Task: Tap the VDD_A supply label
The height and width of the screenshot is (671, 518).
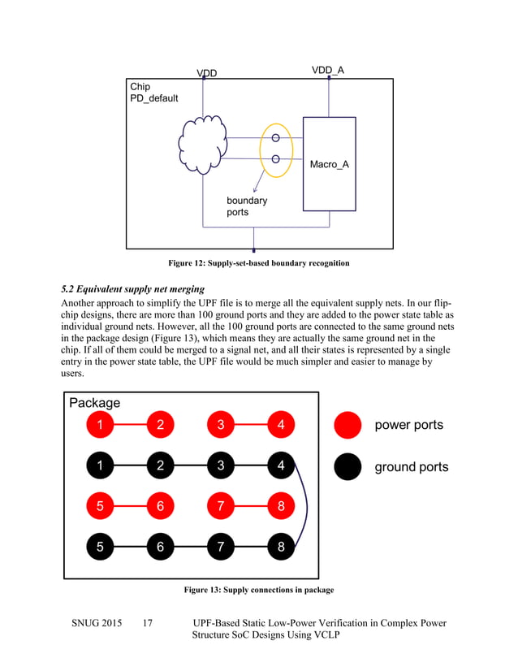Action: click(x=328, y=71)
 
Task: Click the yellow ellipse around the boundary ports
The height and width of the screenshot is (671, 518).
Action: click(x=276, y=149)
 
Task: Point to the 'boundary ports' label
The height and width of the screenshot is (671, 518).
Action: click(x=246, y=206)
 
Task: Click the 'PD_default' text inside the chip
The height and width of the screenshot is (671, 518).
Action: click(x=154, y=98)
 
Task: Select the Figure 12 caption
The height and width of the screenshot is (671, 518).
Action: click(x=258, y=263)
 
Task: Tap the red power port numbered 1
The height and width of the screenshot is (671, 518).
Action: click(x=100, y=424)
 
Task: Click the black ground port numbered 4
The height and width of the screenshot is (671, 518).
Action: click(x=281, y=465)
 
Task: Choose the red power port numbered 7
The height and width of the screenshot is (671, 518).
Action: click(x=221, y=507)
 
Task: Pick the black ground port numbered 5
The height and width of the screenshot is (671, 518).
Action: click(x=100, y=547)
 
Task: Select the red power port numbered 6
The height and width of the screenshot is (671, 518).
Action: click(x=160, y=507)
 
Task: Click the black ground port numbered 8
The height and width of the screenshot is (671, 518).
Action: click(x=281, y=547)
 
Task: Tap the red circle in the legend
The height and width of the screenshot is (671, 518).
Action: click(x=348, y=425)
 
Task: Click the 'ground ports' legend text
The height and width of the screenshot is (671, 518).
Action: click(x=411, y=467)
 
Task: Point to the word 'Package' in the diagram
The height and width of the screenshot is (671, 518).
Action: click(x=95, y=403)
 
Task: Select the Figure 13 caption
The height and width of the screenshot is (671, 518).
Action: click(x=258, y=590)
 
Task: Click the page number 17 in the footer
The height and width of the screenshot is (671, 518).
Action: click(x=147, y=623)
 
